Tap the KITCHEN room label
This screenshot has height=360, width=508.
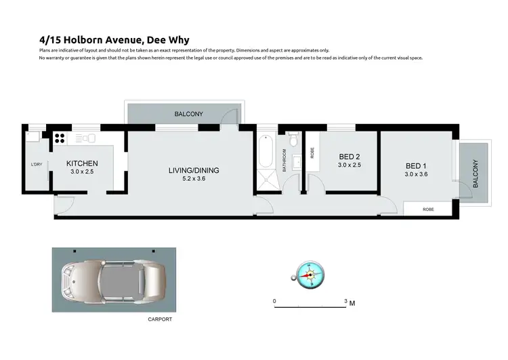click(x=82, y=163)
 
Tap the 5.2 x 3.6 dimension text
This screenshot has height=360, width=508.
click(x=194, y=179)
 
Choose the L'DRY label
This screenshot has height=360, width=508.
click(x=37, y=165)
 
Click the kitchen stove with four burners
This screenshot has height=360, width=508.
click(x=59, y=138)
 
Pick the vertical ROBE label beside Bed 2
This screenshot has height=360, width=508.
click(x=312, y=153)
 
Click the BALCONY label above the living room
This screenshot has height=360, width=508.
click(x=188, y=114)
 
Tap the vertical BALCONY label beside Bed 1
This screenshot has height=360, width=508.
click(x=475, y=173)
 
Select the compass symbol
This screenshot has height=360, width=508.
click(x=310, y=275)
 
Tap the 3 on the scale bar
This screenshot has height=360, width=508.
click(x=346, y=300)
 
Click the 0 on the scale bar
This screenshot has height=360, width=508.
click(x=274, y=300)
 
